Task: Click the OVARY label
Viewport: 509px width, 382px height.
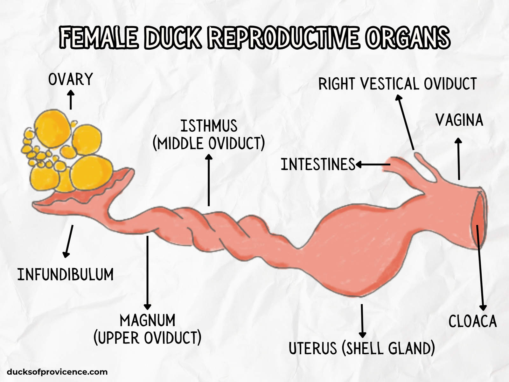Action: (70, 79)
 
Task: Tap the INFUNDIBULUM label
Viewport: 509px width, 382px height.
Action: (66, 274)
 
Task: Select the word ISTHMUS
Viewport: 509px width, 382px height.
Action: (209, 126)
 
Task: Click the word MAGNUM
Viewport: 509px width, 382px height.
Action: (148, 320)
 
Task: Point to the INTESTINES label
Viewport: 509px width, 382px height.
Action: (318, 165)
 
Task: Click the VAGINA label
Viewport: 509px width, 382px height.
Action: (459, 120)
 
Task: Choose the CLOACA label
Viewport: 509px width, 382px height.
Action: (472, 321)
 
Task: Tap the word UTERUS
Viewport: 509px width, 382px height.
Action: (313, 348)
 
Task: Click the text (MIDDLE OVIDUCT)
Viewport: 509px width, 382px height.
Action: (209, 144)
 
